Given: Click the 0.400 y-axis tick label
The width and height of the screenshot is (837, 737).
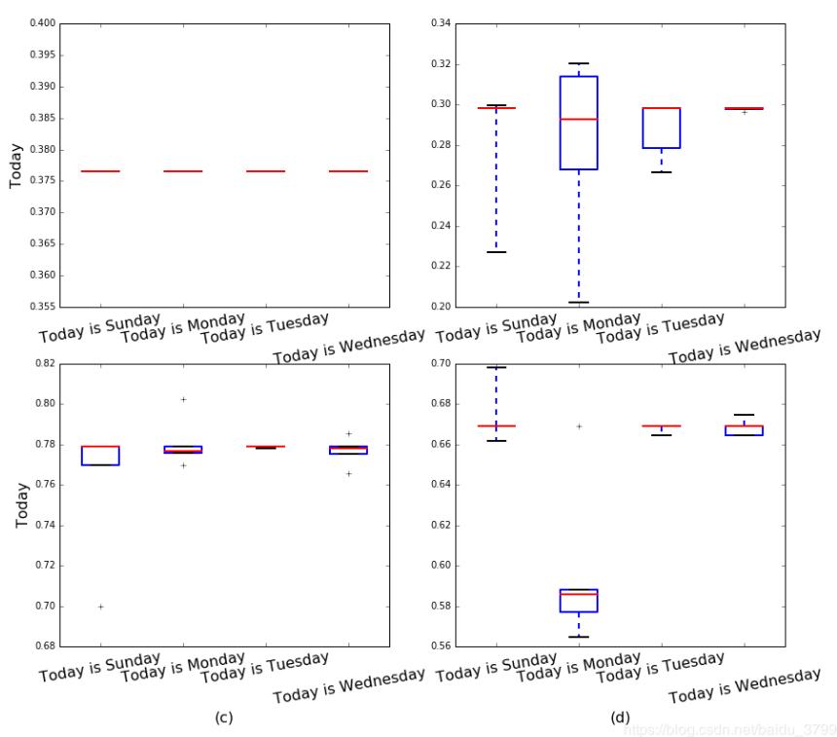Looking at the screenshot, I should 38,22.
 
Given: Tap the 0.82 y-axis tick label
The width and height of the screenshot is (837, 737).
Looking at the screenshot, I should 42,362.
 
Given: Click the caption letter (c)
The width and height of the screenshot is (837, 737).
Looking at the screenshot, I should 223,718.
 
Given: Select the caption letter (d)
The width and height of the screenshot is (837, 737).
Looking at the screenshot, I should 620,718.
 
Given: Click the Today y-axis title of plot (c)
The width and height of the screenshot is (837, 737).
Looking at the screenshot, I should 21,504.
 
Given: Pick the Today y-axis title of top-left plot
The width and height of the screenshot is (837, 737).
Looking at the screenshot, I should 16,166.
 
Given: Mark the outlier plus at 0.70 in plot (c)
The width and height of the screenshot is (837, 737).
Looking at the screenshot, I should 100,607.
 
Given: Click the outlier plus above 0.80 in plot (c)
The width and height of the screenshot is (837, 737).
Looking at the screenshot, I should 183,399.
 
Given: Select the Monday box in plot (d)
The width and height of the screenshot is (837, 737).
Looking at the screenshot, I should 579,600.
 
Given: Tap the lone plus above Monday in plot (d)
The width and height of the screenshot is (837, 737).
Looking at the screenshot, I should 579,425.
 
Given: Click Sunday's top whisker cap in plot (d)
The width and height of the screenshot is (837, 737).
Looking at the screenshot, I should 496,367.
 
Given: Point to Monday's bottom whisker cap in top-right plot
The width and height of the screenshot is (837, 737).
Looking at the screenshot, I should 579,303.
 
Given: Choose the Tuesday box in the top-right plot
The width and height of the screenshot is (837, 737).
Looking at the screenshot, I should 662,128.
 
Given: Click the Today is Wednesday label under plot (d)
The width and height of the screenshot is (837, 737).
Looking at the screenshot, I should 745,685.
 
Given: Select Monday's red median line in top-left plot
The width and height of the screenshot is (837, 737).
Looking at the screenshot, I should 183,171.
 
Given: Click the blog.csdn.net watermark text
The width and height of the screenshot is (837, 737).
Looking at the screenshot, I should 730,728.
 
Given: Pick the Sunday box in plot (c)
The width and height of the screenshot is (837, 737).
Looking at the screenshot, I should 100,456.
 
